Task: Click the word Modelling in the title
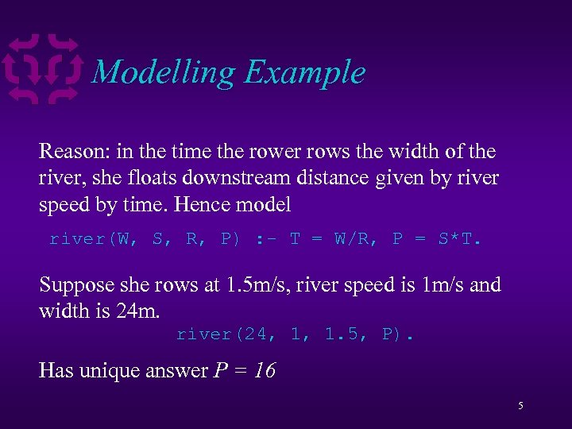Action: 164,73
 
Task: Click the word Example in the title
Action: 305,73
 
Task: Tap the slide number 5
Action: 520,406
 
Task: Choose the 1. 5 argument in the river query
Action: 343,334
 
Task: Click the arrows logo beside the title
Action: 44,69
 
